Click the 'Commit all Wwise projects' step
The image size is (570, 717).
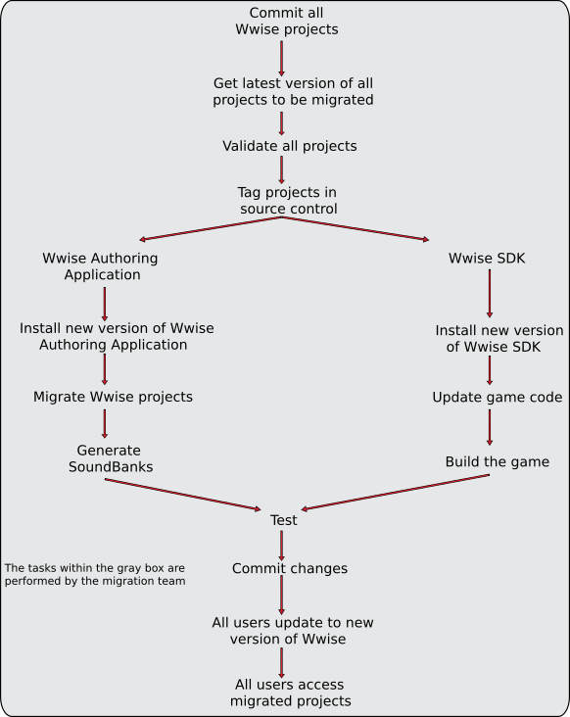coord(287,21)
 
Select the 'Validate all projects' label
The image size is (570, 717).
coord(289,146)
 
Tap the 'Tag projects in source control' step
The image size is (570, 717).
coord(288,200)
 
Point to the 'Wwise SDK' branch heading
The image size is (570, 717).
coord(487,259)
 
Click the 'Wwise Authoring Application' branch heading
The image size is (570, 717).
coord(101,266)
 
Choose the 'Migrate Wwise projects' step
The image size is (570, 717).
coord(113,397)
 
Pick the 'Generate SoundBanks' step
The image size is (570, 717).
coord(110,458)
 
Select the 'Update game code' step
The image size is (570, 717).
coord(498,398)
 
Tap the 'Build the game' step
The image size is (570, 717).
coord(498,462)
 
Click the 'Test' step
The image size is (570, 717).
coord(283,520)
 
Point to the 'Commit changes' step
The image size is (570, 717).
coord(290,568)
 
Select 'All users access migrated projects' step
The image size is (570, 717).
coord(290,693)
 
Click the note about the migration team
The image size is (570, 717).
coord(95,574)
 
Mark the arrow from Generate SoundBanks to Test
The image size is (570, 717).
coord(183,495)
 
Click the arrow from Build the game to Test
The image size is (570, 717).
coord(396,492)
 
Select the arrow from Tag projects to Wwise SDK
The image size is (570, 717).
coord(356,228)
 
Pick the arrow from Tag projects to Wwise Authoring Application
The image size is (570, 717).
coord(211,228)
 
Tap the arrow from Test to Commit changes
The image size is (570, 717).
coord(281,546)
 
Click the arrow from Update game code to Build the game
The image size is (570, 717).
coord(490,427)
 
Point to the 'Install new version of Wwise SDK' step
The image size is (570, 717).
coord(499,338)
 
